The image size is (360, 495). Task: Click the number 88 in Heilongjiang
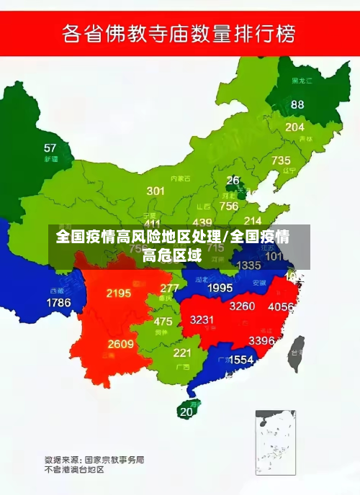coord(297,104)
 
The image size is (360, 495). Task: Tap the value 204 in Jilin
coord(295,127)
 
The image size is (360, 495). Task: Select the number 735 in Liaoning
coord(281,160)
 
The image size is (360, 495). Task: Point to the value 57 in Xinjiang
coord(50,148)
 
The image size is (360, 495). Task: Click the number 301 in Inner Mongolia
coord(156,191)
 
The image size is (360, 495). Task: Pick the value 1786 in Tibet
coord(59,302)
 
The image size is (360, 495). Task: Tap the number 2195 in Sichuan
coord(118,293)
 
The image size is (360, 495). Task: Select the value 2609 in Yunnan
coord(120,344)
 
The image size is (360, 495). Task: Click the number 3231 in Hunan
coord(202,320)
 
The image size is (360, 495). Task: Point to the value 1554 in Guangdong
coord(240,359)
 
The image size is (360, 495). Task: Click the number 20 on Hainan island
coord(186,412)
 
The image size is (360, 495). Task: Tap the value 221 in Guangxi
coord(182,353)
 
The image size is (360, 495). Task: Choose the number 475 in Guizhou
coord(163,322)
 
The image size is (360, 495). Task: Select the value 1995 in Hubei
coord(220,288)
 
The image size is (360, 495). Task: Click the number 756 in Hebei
coord(229,206)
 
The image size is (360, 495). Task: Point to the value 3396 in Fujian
coord(261,340)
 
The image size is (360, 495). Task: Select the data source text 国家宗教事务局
coord(114,458)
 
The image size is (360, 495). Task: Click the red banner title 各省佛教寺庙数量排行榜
coord(179,33)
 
